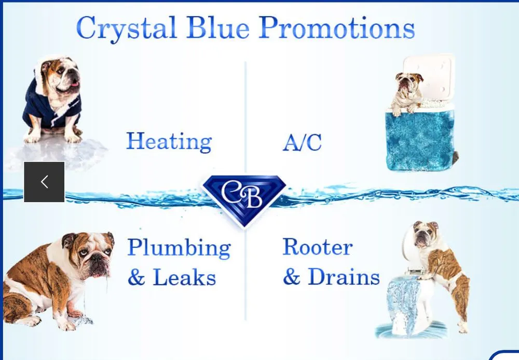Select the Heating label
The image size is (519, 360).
click(x=169, y=141)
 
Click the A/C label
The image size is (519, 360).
click(x=302, y=142)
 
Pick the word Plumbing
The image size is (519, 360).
click(x=179, y=248)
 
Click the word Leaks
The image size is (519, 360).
click(x=184, y=277)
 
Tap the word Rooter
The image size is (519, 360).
click(x=318, y=247)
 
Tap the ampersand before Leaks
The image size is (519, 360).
click(x=136, y=278)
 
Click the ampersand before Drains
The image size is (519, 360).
click(x=291, y=277)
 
